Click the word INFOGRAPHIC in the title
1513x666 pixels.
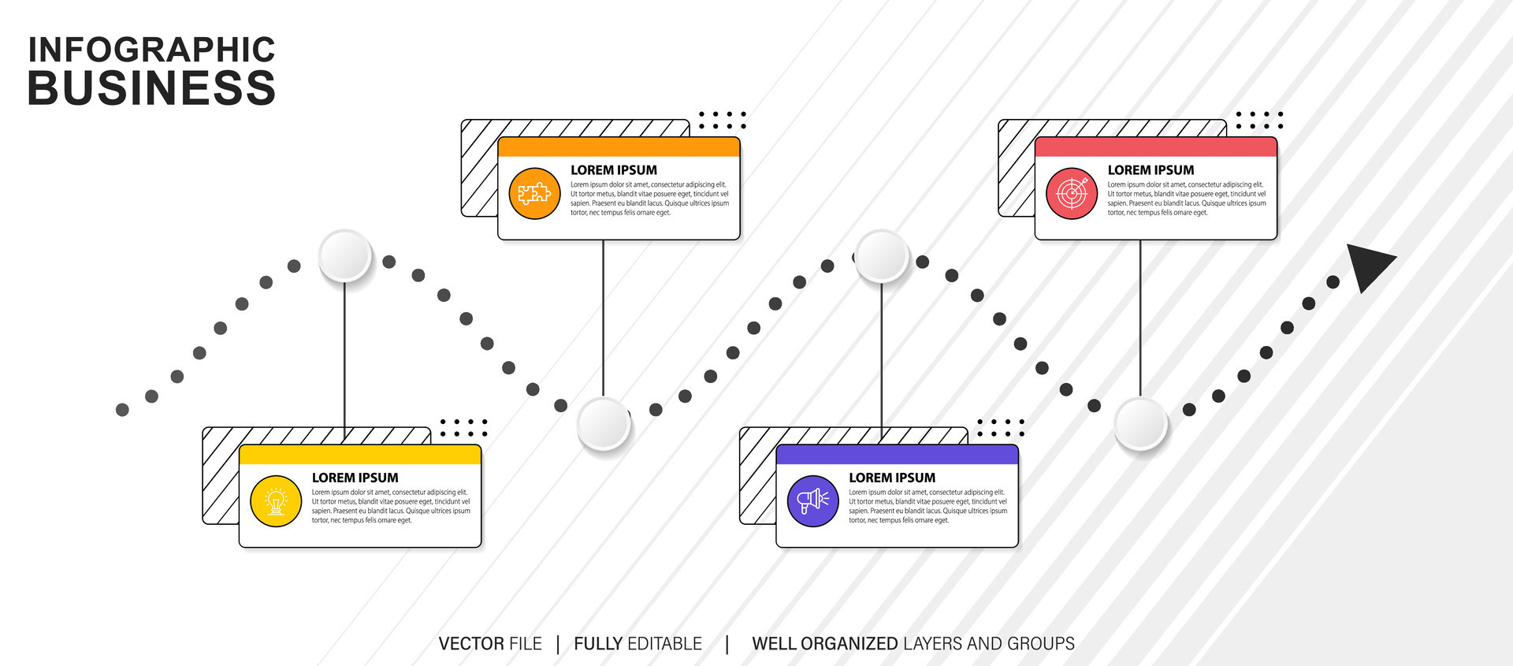point(151,50)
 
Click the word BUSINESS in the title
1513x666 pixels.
point(151,87)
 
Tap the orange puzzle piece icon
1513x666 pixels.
point(534,193)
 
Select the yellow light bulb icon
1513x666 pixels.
point(276,501)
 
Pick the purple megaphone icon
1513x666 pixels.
point(812,501)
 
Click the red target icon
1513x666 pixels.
point(1072,193)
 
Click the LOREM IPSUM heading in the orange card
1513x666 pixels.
point(613,170)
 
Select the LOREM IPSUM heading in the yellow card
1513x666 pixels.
point(355,478)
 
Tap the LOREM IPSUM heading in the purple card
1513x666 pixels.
point(891,478)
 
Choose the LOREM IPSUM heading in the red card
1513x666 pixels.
point(1151,170)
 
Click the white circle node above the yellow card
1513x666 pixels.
point(345,256)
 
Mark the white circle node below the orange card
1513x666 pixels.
point(604,423)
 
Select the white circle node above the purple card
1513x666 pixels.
point(882,256)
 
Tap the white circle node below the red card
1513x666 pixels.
point(1140,423)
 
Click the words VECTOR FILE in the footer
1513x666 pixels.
point(490,644)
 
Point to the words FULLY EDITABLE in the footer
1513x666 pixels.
point(638,644)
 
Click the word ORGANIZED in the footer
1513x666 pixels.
point(849,644)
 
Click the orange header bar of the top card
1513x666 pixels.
point(619,147)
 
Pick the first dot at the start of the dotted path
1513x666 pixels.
point(122,410)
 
